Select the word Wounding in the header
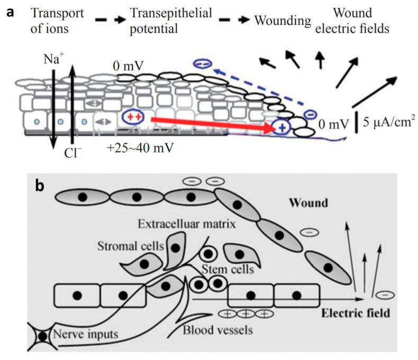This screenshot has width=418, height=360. point(282,21)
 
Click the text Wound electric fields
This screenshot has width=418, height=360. point(352,20)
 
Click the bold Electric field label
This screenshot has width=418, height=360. point(356,312)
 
